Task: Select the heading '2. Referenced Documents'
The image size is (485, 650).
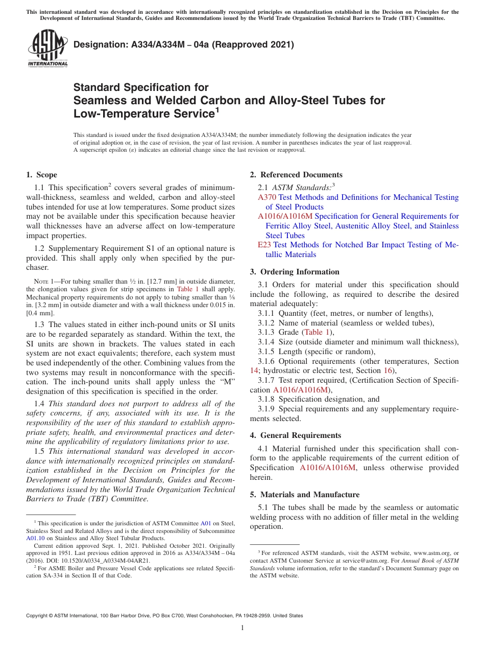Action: tap(296, 175)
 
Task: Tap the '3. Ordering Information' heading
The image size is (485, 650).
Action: tap(295, 272)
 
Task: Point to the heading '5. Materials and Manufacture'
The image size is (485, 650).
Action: tap(304, 495)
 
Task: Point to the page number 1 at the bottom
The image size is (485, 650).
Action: tap(243, 628)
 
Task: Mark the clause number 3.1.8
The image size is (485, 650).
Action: tap(266, 399)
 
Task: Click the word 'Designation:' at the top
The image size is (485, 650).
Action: tap(95, 44)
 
